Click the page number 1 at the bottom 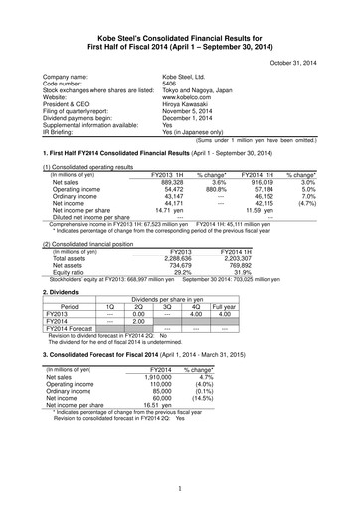(x=180, y=487)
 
